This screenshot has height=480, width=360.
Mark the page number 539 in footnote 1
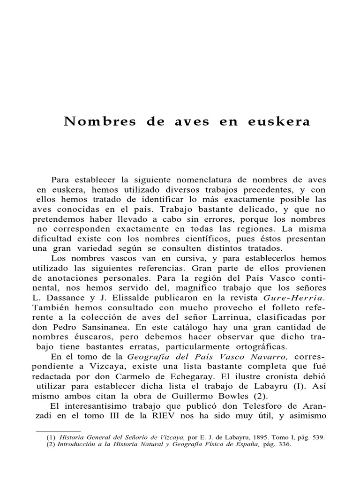click(x=317, y=437)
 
